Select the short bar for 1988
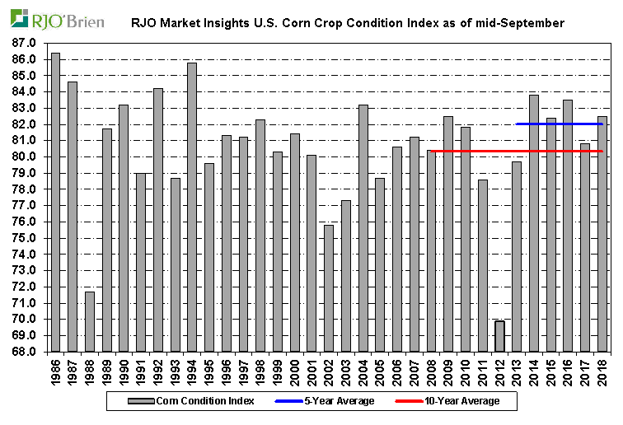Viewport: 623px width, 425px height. coord(90,321)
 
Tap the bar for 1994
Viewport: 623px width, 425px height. coord(192,207)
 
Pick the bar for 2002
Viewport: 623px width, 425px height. coord(329,288)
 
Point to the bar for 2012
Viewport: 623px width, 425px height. coord(499,336)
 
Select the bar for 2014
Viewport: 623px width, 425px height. coord(534,223)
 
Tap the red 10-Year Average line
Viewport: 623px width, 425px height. coord(516,151)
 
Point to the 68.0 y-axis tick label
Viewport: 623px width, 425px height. coord(25,352)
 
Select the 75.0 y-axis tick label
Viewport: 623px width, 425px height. coord(25,238)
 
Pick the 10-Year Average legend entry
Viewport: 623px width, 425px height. coord(465,401)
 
